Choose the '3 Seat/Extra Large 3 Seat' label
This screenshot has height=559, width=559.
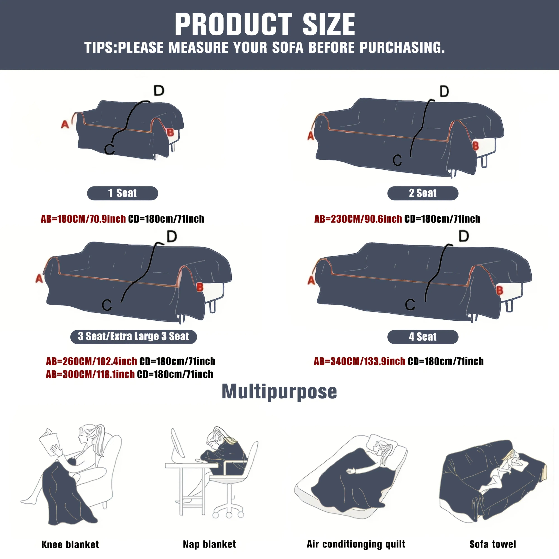[x=133, y=337]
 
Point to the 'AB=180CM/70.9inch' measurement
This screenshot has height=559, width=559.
[x=83, y=219]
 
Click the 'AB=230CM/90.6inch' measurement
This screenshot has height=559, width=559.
[x=358, y=219]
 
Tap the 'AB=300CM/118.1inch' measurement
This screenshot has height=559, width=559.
[x=90, y=374]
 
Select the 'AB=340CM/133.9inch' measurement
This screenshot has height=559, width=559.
[x=359, y=361]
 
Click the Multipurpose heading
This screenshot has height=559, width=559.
[x=279, y=392]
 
